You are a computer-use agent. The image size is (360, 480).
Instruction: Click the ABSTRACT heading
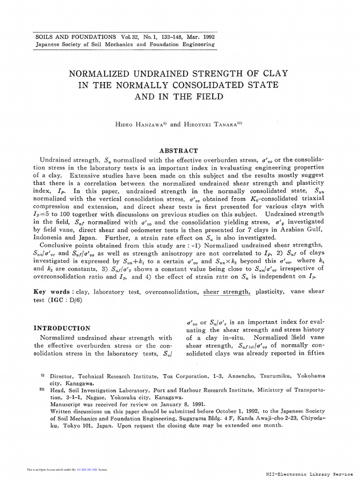coord(179,150)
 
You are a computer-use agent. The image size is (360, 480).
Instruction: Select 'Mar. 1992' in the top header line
coord(201,37)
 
